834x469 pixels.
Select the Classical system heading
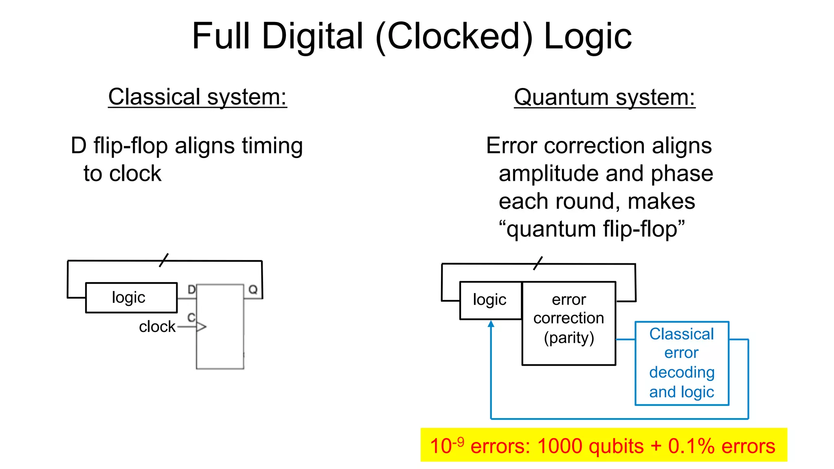tap(198, 97)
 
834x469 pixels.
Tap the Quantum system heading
tap(604, 98)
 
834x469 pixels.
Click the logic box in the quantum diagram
tap(490, 300)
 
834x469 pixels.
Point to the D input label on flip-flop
tap(191, 290)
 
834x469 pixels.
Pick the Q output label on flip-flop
tap(253, 290)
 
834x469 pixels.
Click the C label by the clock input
tap(191, 317)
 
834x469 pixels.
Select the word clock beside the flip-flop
tap(157, 327)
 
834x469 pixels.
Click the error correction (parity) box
tap(568, 323)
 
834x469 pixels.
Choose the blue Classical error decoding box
tap(682, 363)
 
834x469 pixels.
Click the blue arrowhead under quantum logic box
tap(491, 324)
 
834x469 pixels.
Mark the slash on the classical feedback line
tap(164, 260)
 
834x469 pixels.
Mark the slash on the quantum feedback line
tap(538, 263)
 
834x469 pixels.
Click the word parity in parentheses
tap(569, 338)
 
